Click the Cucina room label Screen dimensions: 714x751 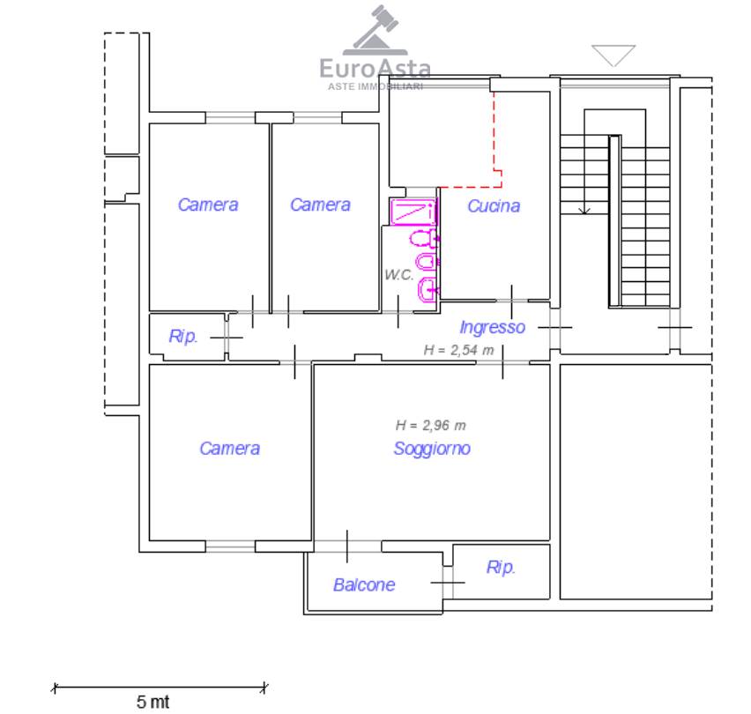click(493, 206)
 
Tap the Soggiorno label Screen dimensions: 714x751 click(431, 449)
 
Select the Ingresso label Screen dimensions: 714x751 click(492, 327)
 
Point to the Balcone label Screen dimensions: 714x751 click(363, 584)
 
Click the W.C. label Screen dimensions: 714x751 click(398, 274)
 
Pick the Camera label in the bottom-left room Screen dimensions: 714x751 click(229, 449)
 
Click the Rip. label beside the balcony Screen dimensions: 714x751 click(501, 568)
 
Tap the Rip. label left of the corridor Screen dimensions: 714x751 click(183, 337)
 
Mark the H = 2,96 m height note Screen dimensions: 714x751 click(430, 425)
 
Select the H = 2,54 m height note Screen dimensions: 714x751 click(458, 350)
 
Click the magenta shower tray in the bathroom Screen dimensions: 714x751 click(413, 212)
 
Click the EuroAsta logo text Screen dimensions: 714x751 click(375, 67)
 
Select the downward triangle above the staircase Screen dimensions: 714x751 click(613, 55)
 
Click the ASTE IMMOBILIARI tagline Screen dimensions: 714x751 click(375, 86)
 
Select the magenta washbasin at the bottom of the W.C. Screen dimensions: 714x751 click(427, 287)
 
